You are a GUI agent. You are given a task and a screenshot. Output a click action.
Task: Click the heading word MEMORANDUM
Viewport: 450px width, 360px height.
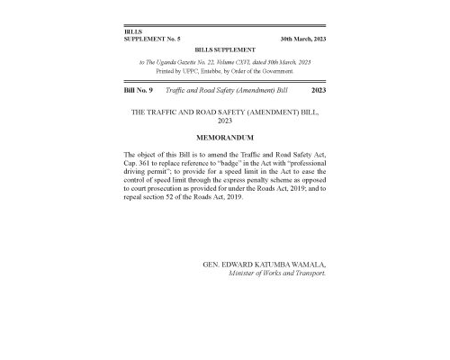[224, 137]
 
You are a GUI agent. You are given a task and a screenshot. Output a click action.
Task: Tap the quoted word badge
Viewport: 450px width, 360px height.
[219, 164]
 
